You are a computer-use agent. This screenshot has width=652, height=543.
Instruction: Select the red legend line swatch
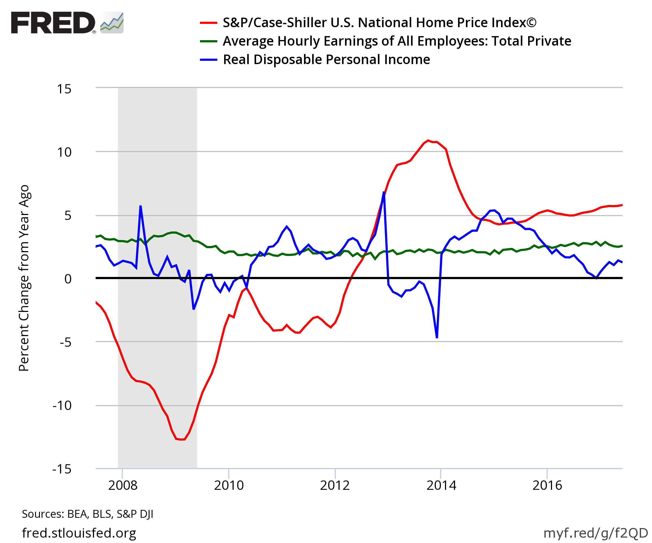click(x=208, y=23)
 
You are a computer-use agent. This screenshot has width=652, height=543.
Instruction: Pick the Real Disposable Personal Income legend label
click(x=326, y=59)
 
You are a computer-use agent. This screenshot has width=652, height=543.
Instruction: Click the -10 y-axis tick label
click(x=62, y=406)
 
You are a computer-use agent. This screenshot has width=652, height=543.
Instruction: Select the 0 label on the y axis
click(x=68, y=279)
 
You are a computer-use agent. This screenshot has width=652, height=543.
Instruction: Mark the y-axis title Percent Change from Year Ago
click(x=24, y=278)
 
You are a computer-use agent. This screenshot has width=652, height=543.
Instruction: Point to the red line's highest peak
click(x=428, y=141)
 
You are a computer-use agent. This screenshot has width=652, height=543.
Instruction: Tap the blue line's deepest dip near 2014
click(x=437, y=337)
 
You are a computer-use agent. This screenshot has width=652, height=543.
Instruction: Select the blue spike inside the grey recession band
click(x=141, y=206)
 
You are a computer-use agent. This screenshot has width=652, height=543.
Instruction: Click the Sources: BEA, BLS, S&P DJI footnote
click(x=87, y=514)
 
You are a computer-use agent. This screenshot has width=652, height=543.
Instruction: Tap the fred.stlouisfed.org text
click(x=79, y=533)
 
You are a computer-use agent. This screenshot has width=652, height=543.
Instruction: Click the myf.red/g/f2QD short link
click(x=596, y=533)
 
